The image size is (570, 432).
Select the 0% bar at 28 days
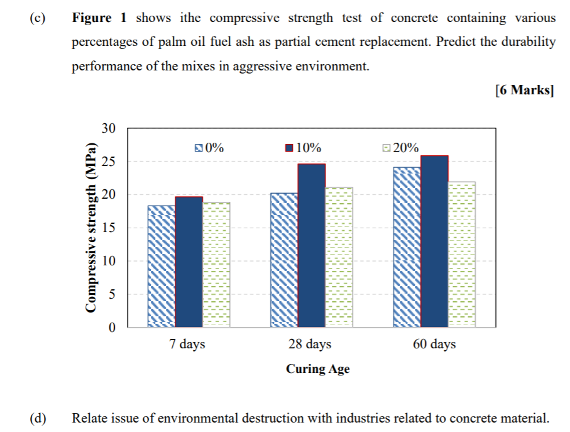point(284,260)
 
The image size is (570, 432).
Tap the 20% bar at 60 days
point(461,254)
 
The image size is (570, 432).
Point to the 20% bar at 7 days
point(216,264)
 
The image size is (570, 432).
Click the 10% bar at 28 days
point(311,245)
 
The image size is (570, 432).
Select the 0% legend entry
point(209,148)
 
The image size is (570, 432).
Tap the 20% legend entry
point(400,148)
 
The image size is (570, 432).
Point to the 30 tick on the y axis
point(109,129)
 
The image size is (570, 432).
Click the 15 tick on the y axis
point(109,228)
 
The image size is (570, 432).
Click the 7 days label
point(187,345)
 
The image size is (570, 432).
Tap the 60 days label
point(434,345)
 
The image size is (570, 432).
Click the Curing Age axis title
point(318,369)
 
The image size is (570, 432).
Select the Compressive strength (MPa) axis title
point(91,228)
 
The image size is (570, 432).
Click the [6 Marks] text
point(525,90)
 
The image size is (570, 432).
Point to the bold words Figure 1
point(100,18)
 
